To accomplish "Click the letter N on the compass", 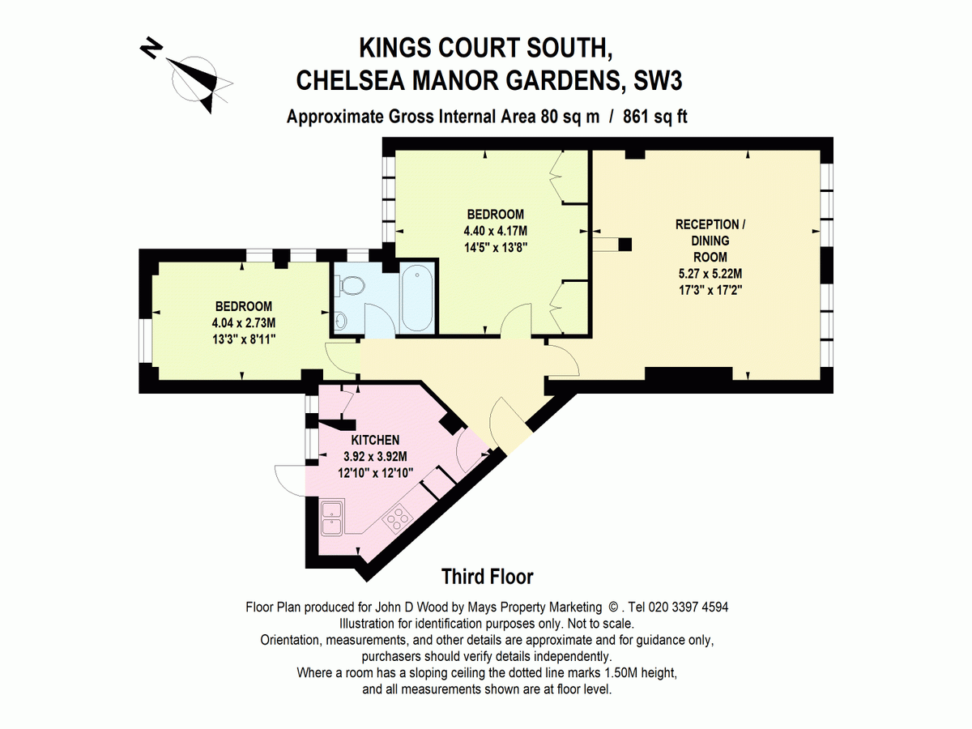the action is (151, 48).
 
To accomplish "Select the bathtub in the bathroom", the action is (417, 298).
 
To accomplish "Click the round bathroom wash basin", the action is (340, 321).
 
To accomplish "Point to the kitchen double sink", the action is (332, 518).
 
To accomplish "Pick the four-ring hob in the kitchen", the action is (397, 518).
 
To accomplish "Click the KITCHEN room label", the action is (375, 440).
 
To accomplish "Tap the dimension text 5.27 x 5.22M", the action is (710, 274).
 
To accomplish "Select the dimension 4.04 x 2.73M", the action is (244, 322).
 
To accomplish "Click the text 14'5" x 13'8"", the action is (496, 247).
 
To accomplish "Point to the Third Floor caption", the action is (487, 577).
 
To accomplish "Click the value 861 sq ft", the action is (655, 117).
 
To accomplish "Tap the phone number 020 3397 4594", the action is (688, 607).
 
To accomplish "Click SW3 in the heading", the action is (658, 80).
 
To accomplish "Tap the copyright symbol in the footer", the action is (613, 607).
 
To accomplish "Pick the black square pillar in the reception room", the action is (625, 245).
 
